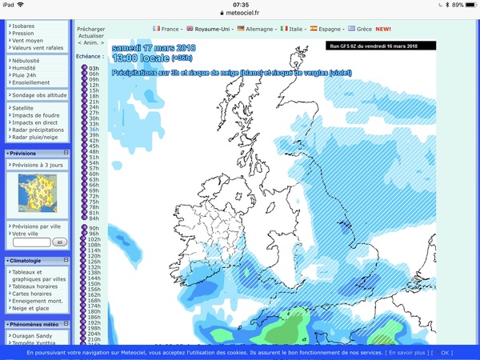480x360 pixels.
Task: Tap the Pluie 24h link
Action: (x=28, y=74)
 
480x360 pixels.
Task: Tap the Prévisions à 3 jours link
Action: (x=38, y=165)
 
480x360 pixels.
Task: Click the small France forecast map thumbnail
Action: (x=38, y=193)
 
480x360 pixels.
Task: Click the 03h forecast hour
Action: (x=94, y=69)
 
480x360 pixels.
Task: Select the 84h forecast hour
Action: (x=94, y=218)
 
